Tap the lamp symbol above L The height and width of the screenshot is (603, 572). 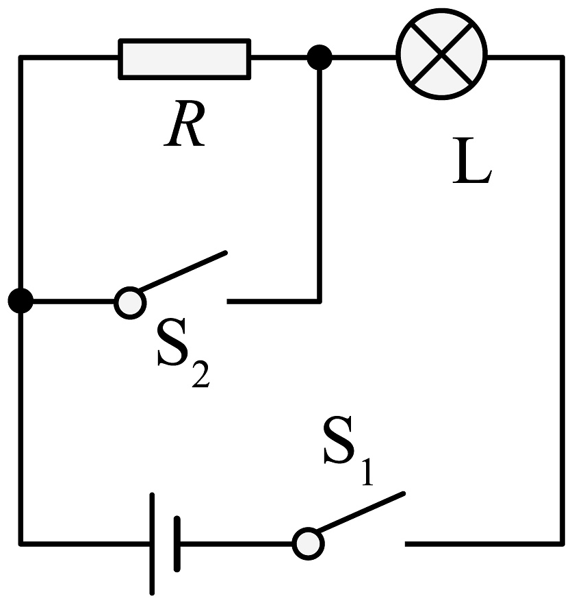[442, 54]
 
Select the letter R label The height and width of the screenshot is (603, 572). [185, 123]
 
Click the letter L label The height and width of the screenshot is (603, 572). [472, 160]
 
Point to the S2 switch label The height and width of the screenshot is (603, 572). [184, 353]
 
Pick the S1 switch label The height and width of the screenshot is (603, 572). [348, 450]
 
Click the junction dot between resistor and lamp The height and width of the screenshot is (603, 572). [320, 58]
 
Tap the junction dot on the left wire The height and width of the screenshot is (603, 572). [21, 301]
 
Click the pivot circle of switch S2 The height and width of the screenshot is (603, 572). [131, 303]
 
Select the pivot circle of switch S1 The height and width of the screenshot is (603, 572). [309, 544]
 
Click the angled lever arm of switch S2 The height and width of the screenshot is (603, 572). [183, 271]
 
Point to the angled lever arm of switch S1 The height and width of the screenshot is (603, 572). [361, 512]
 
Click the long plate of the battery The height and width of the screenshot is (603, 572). [152, 544]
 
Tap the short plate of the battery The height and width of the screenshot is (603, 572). [177, 544]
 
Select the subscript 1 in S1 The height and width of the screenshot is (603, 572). [367, 472]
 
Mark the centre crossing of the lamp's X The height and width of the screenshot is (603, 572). [442, 54]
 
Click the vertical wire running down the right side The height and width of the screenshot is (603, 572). [562, 301]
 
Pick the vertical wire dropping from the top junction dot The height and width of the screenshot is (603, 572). [320, 180]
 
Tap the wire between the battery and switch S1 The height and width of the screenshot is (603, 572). [236, 544]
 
